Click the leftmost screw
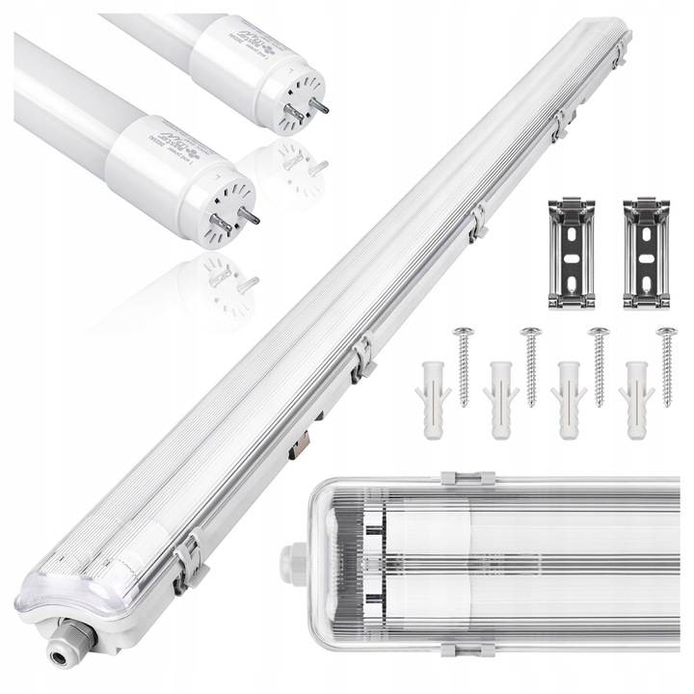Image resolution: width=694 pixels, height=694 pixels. (462, 367)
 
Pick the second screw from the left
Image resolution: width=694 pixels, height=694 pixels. (530, 367)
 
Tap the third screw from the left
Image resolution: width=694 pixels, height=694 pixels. (599, 367)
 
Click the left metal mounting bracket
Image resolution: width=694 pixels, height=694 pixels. (571, 254)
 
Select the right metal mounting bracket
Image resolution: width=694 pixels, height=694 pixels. (645, 254)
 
